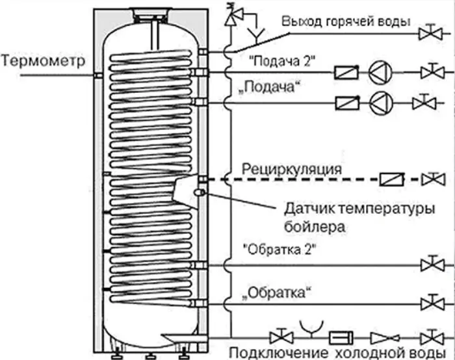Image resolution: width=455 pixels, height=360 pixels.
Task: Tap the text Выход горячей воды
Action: click(345, 21)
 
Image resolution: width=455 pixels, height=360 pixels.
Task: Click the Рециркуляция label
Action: click(292, 169)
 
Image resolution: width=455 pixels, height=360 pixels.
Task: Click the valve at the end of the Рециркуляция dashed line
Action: click(428, 178)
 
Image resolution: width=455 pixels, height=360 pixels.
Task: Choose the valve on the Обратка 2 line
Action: click(428, 265)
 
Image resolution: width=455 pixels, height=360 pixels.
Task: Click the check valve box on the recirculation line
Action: click(393, 178)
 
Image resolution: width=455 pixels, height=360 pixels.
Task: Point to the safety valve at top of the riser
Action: click(229, 16)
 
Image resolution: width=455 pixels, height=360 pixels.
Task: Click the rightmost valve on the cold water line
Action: click(428, 337)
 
